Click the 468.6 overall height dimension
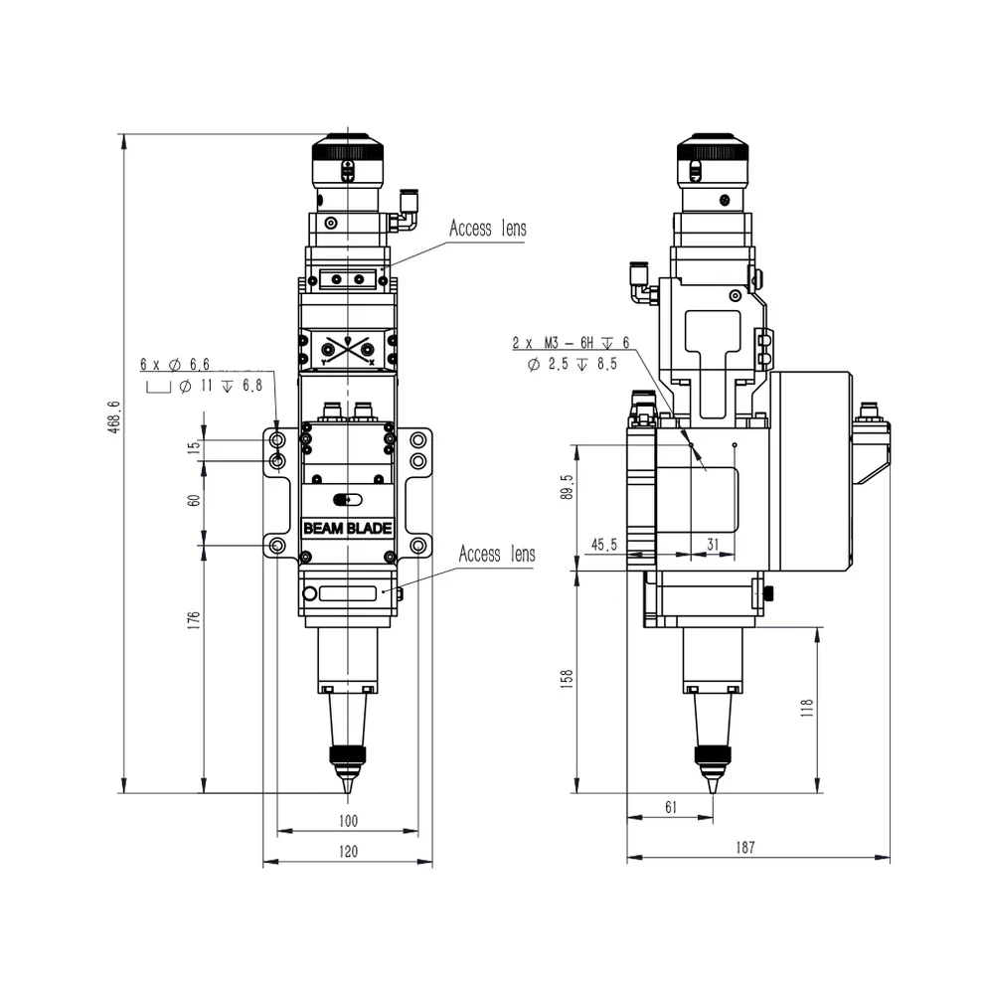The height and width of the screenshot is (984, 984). (x=113, y=417)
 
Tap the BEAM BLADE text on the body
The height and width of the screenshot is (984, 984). (x=347, y=529)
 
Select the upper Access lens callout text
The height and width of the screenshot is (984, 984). (x=487, y=229)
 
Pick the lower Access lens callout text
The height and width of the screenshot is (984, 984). (x=496, y=554)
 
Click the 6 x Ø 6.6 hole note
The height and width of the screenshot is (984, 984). (x=175, y=366)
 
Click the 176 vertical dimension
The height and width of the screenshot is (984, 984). (x=195, y=619)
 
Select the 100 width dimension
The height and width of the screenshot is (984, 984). (x=347, y=821)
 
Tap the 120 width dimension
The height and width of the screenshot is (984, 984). (x=347, y=851)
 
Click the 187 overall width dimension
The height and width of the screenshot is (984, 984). (x=746, y=848)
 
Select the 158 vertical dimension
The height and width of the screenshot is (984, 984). (x=568, y=679)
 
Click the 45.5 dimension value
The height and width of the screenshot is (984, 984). (x=603, y=545)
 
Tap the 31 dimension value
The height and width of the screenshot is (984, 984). (x=712, y=545)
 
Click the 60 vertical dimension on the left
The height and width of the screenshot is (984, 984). (x=195, y=499)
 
